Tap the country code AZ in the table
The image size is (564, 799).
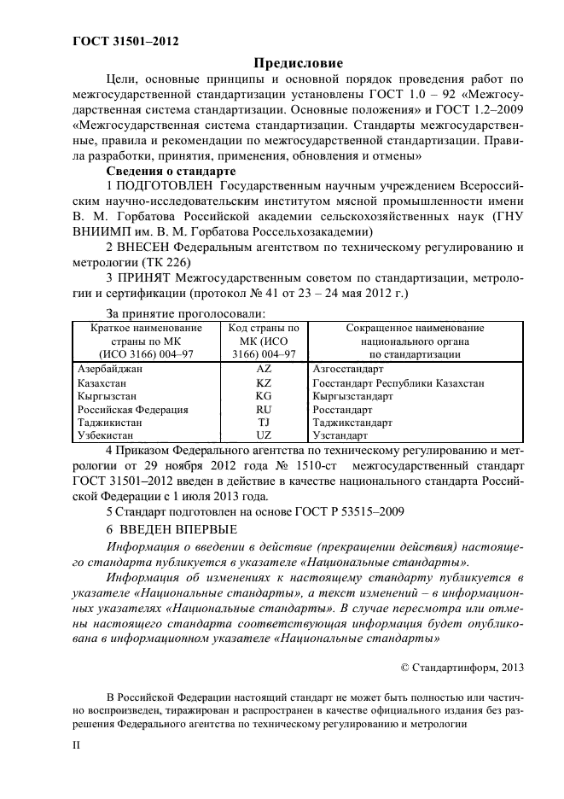point(263,369)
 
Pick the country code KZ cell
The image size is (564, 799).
point(263,382)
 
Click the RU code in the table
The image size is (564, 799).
point(263,410)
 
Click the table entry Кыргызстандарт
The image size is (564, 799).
point(352,396)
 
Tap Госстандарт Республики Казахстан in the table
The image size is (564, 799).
point(398,382)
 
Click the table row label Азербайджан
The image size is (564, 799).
point(110,369)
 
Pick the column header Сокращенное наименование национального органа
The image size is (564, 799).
point(414,341)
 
